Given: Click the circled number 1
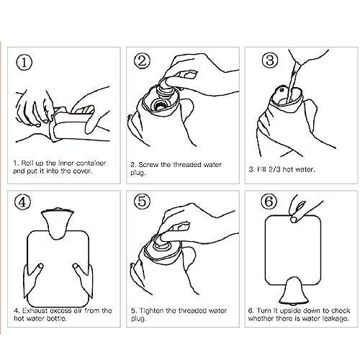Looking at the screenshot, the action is pos(24,63).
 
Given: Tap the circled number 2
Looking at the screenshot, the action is pos(142,60).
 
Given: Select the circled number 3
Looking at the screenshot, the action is pos(270,60).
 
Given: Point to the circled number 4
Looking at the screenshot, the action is pos(23,202).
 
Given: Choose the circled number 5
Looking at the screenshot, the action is pos(142,201).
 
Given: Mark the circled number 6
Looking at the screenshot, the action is pos(269,202).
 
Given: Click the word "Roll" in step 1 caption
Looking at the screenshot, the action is pos(27,163).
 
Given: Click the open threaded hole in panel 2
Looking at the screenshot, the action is pos(158,104).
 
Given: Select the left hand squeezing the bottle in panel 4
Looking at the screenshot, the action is pos(34,279).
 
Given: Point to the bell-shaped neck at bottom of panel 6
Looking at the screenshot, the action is pos(290,290).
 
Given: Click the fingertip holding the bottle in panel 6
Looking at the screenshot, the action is pos(293,220).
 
